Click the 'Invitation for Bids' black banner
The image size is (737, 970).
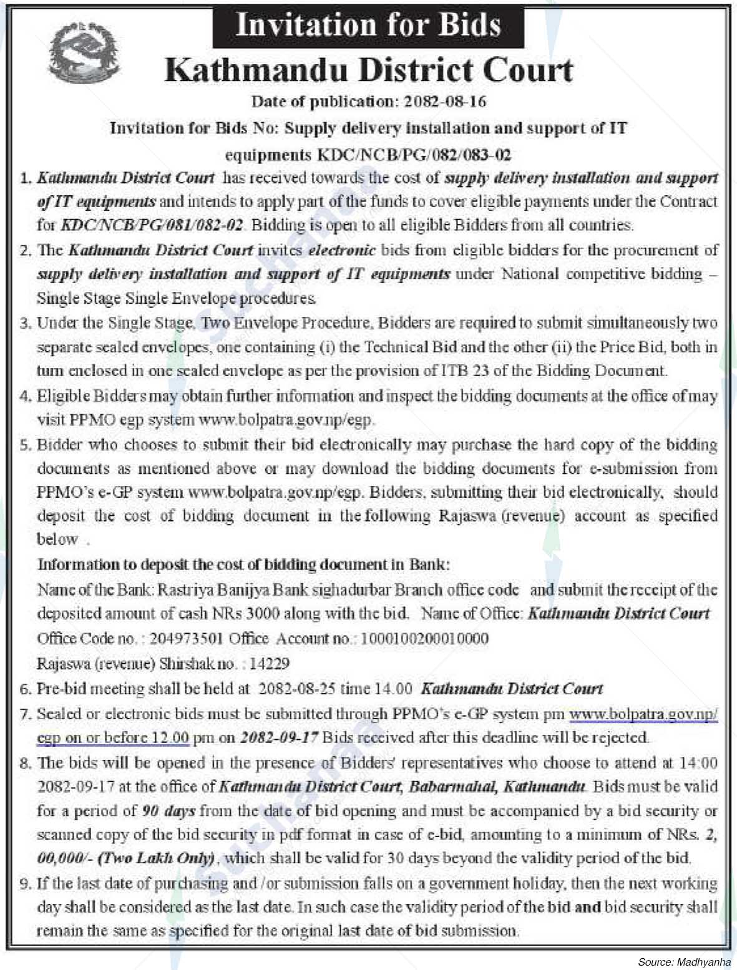(368, 26)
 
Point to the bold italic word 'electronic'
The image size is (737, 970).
(342, 250)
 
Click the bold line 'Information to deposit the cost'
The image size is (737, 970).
(243, 565)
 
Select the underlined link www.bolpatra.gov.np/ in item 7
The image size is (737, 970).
(643, 714)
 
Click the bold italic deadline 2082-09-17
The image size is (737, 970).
(279, 737)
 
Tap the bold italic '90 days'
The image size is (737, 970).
(168, 811)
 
